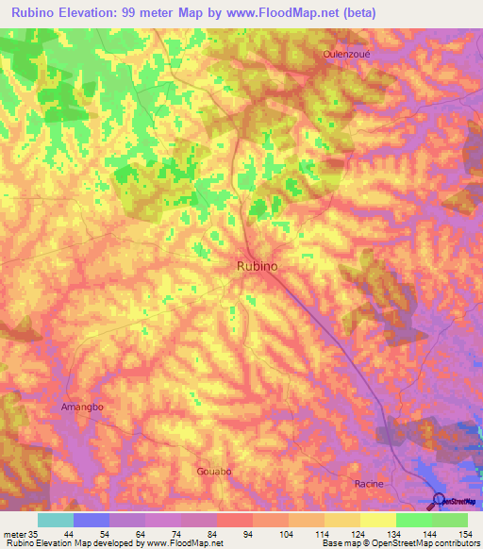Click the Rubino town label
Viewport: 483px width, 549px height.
256,267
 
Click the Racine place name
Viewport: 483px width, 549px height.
368,483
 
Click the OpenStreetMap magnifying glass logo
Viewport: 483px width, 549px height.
438,500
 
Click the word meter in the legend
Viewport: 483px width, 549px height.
14,533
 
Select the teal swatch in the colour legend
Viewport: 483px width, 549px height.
56,520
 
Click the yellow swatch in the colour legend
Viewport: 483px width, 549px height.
377,520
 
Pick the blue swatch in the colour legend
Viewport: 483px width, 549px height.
92,520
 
